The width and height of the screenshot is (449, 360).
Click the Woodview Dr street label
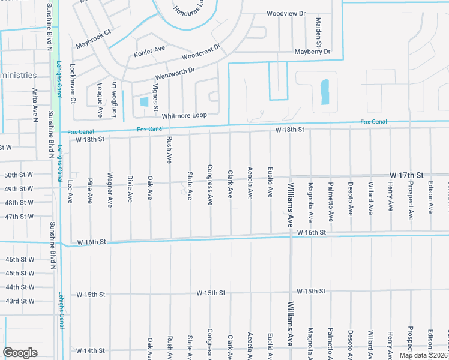pos(286,13)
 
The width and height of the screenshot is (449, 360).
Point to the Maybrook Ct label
pos(94,40)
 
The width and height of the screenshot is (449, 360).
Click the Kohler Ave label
pos(149,49)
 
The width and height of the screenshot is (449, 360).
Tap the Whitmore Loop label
pos(184,115)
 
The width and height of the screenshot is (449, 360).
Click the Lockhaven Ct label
pos(72,84)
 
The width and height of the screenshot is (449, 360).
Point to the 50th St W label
pos(19,175)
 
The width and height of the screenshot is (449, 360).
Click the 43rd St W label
pos(19,301)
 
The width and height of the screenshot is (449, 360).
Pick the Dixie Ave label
pos(130,188)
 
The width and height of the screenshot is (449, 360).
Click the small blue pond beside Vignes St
pos(144,102)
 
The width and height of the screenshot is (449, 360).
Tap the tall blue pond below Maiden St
pos(325,92)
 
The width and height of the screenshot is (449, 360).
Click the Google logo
pos(20,353)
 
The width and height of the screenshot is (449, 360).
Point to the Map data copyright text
pos(423,355)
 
